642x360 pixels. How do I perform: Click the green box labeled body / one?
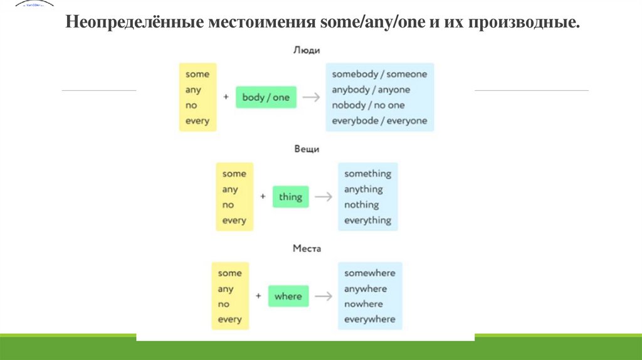(x=266, y=97)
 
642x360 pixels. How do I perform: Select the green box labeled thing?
(x=290, y=197)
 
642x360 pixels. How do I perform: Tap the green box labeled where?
(x=288, y=296)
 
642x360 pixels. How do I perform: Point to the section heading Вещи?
(x=307, y=149)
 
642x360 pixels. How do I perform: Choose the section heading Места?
(x=307, y=248)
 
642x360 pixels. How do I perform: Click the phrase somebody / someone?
(x=379, y=74)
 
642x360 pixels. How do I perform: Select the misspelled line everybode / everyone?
(x=379, y=120)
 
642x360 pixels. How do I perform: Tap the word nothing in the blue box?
(x=362, y=204)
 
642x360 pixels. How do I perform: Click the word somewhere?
(x=370, y=273)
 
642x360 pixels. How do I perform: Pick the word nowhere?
(x=364, y=304)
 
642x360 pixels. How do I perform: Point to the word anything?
(x=364, y=189)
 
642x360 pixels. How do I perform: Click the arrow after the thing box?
(x=323, y=197)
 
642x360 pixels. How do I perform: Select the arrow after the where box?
(x=323, y=296)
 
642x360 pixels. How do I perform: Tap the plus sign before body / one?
(x=226, y=97)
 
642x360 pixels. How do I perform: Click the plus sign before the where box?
(x=258, y=296)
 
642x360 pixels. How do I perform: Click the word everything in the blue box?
(x=367, y=220)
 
